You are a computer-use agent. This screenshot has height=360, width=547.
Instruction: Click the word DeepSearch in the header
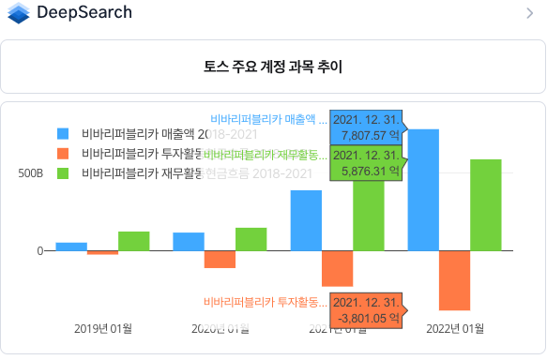84,13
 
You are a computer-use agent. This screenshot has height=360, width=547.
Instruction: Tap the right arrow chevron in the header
530,13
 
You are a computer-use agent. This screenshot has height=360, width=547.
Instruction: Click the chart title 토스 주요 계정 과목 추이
272,67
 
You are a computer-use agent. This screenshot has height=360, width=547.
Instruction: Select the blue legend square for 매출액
63,133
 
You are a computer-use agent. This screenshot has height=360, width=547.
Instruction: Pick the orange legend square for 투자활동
63,153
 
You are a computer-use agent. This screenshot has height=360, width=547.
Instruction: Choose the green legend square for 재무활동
63,173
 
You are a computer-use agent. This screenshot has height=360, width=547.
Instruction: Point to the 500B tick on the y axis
30,173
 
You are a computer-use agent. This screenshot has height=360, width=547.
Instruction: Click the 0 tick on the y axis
39,250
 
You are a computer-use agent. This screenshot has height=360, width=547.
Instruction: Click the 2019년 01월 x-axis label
102,328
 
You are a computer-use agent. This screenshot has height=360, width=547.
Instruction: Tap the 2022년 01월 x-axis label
454,328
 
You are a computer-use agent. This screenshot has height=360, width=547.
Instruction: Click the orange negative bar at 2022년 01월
454,280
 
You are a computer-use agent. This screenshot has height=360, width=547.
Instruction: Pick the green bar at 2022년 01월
485,204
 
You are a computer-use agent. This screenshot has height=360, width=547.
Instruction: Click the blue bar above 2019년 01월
71,247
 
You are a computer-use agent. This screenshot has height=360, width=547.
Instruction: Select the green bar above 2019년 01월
133,241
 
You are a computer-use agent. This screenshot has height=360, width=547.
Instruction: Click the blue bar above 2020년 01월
189,241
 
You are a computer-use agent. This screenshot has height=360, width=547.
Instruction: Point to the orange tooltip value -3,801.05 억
367,318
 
